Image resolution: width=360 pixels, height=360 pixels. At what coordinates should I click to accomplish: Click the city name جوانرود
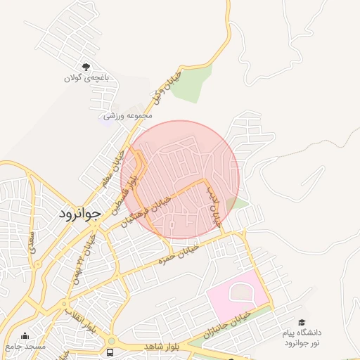[78, 212]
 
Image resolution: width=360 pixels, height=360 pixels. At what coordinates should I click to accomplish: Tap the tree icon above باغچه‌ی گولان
[86, 67]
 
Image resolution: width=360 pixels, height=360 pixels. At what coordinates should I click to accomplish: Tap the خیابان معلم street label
[112, 169]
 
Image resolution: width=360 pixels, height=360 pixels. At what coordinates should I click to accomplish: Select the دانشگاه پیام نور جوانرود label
[302, 337]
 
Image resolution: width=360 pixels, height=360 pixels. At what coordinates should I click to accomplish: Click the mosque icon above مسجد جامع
[25, 336]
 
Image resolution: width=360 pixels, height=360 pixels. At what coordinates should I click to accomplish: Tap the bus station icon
[110, 351]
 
